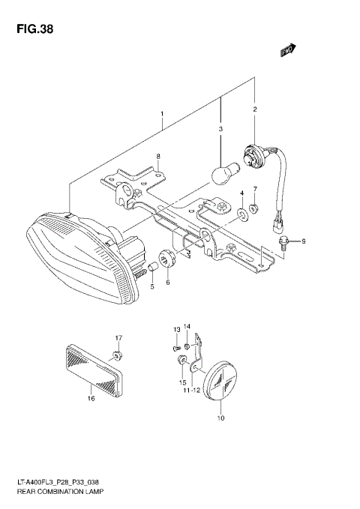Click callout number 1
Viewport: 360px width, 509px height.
[x=161, y=115]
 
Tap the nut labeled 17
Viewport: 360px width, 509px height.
[x=118, y=354]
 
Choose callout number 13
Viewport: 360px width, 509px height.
[x=177, y=330]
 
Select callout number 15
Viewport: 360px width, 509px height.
[x=181, y=382]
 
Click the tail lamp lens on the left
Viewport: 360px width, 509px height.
[x=71, y=255]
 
